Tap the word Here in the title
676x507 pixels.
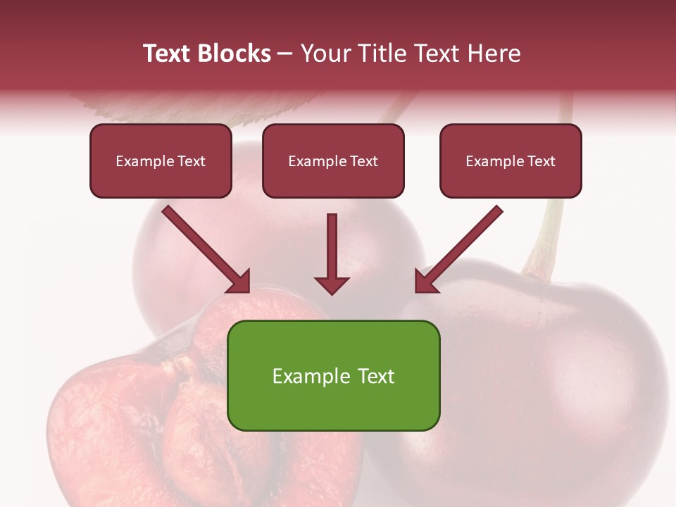(492, 54)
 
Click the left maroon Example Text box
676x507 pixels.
(161, 161)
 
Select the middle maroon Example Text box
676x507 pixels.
(333, 161)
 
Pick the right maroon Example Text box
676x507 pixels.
(511, 161)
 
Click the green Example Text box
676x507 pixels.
(334, 375)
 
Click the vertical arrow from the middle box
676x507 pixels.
(332, 246)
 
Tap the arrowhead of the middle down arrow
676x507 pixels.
(332, 284)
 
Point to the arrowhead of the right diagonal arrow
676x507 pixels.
(425, 282)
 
